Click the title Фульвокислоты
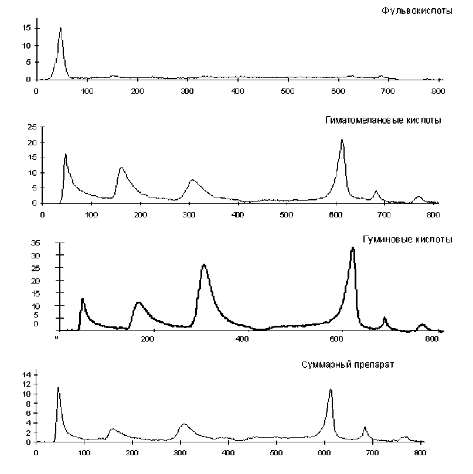pos(416,11)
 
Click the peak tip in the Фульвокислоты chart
pos(60,28)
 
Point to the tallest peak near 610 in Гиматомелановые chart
pos(342,140)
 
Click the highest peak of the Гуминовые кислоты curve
pos(352,248)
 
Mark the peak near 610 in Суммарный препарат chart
pos(331,389)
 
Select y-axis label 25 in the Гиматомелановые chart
pos(32,127)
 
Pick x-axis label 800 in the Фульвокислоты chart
pos(438,91)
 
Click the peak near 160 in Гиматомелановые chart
pos(121,168)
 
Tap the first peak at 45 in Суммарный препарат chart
pos(58,387)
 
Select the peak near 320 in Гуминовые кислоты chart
pos(204,265)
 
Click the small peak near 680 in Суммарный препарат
pos(365,427)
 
